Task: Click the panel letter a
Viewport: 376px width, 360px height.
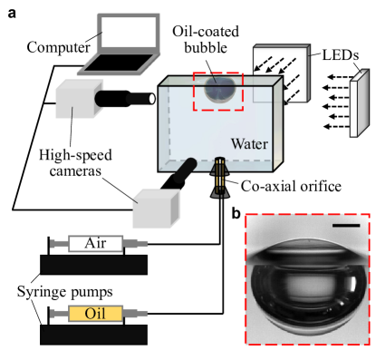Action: click(12, 14)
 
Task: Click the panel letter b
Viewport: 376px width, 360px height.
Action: click(236, 213)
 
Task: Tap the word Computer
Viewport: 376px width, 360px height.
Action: click(58, 47)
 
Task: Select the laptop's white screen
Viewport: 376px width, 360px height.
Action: click(129, 32)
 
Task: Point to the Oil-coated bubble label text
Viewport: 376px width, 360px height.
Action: click(206, 40)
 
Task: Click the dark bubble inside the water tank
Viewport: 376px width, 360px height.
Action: click(219, 89)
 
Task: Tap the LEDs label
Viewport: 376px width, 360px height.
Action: click(341, 54)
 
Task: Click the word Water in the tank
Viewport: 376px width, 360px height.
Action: click(249, 144)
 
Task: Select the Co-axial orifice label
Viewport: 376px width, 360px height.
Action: click(291, 186)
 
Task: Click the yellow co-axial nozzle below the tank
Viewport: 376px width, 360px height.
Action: click(220, 177)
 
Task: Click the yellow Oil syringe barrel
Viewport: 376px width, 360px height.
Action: click(95, 314)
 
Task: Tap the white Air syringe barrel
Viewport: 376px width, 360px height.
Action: click(96, 243)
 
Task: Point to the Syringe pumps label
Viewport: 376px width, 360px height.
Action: click(65, 292)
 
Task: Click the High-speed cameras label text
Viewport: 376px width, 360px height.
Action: click(75, 163)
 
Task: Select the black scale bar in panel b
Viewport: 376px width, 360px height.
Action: click(346, 225)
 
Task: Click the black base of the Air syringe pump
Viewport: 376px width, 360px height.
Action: click(93, 265)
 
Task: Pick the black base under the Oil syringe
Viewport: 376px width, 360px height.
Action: click(93, 335)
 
